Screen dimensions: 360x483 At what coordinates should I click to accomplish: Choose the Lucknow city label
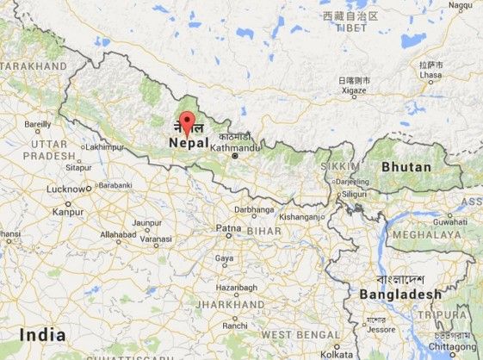66,189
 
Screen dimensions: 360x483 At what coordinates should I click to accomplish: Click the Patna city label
228,228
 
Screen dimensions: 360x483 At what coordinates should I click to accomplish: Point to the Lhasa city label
430,76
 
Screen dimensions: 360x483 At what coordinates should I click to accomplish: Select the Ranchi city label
233,326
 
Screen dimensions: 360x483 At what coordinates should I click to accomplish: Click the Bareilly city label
38,124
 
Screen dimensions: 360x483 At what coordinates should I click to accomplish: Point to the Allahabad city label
118,233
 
